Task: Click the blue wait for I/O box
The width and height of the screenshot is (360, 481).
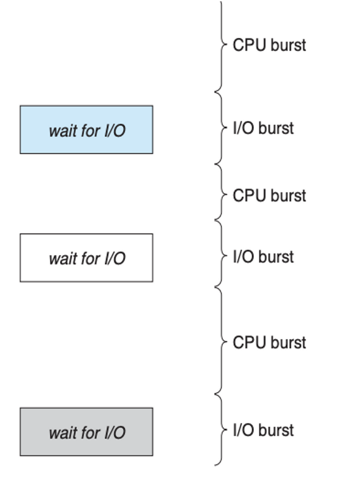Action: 87,130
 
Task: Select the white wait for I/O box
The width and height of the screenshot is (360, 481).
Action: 87,258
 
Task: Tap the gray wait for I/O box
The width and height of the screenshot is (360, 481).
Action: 87,432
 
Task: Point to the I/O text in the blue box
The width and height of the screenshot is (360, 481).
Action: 115,131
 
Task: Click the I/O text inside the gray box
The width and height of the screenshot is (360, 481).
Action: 115,433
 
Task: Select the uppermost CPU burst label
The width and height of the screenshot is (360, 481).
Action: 270,45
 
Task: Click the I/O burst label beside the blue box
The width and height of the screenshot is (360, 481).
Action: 263,128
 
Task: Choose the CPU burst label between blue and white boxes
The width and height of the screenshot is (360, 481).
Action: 270,196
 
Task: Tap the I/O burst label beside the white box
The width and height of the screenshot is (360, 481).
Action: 263,256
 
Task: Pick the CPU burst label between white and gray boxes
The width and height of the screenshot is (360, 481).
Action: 270,342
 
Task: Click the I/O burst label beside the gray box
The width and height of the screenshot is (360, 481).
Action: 263,430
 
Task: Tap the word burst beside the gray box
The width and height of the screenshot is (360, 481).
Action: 276,430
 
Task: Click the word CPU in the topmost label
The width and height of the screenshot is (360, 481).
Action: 249,45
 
